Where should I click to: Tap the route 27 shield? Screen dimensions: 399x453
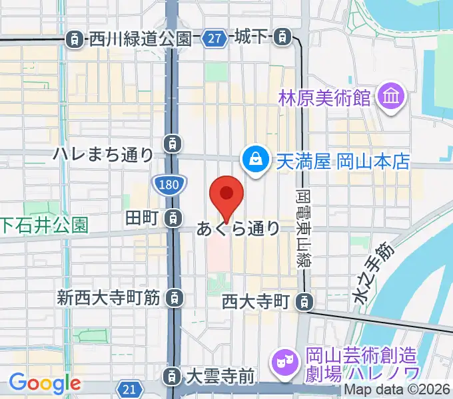coord(215,39)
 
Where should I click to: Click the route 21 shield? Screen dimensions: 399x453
coord(130,388)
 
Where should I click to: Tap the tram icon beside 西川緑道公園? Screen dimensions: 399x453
coord(76,39)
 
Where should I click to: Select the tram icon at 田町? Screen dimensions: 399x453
coord(173,217)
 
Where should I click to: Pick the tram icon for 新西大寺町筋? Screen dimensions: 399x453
coord(173,297)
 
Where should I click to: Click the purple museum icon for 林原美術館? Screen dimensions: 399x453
coord(390,99)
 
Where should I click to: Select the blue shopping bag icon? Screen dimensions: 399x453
coord(254,159)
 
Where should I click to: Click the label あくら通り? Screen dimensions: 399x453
coord(238,229)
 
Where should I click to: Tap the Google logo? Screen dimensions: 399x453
coord(44,384)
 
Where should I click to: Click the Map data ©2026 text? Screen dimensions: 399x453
coord(397,391)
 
